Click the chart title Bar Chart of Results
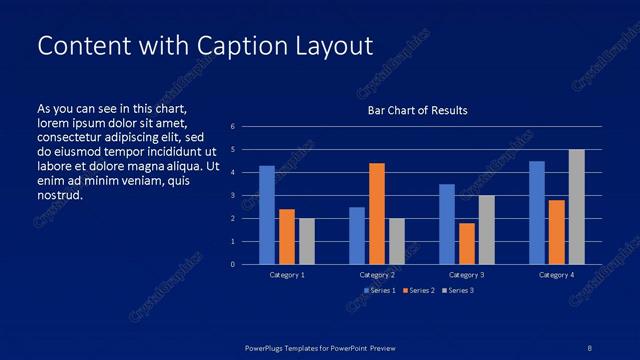coord(417,110)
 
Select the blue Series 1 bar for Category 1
coord(267,215)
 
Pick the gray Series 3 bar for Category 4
coord(576,207)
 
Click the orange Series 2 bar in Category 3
coord(466,243)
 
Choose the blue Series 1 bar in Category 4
coord(537,212)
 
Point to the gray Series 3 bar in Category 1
coord(307,241)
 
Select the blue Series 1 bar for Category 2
coord(357,235)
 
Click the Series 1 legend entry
coord(380,290)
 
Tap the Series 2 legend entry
coord(419,290)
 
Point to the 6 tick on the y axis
coord(232,127)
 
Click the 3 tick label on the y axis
coord(232,196)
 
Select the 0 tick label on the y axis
coord(232,265)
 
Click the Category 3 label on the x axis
coord(466,274)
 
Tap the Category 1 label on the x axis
coord(287,274)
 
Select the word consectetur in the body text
coord(72,137)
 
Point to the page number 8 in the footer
coord(589,347)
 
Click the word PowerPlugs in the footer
coord(268,347)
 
